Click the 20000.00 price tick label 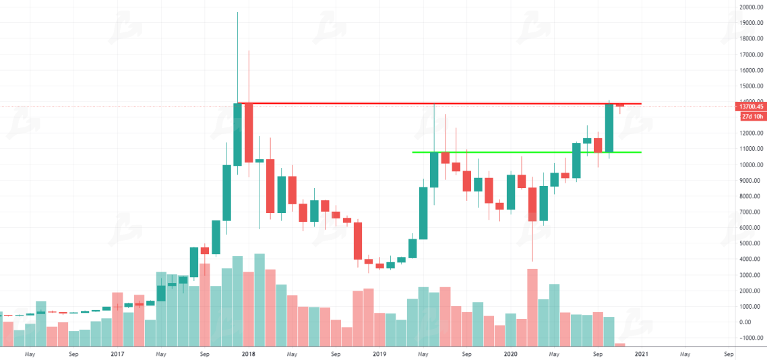[x=749, y=7]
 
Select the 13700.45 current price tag [x=750, y=107]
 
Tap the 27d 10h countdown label [x=751, y=117]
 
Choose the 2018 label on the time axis [x=248, y=353]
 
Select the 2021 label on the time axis [x=641, y=353]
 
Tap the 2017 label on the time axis [x=117, y=353]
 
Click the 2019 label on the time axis [x=379, y=353]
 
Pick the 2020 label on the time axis [x=510, y=353]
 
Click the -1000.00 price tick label [x=751, y=338]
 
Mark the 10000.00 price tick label [x=749, y=164]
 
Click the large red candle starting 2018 [x=248, y=132]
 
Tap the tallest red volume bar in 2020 [x=532, y=307]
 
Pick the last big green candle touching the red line [x=609, y=127]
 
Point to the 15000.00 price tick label [x=749, y=86]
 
